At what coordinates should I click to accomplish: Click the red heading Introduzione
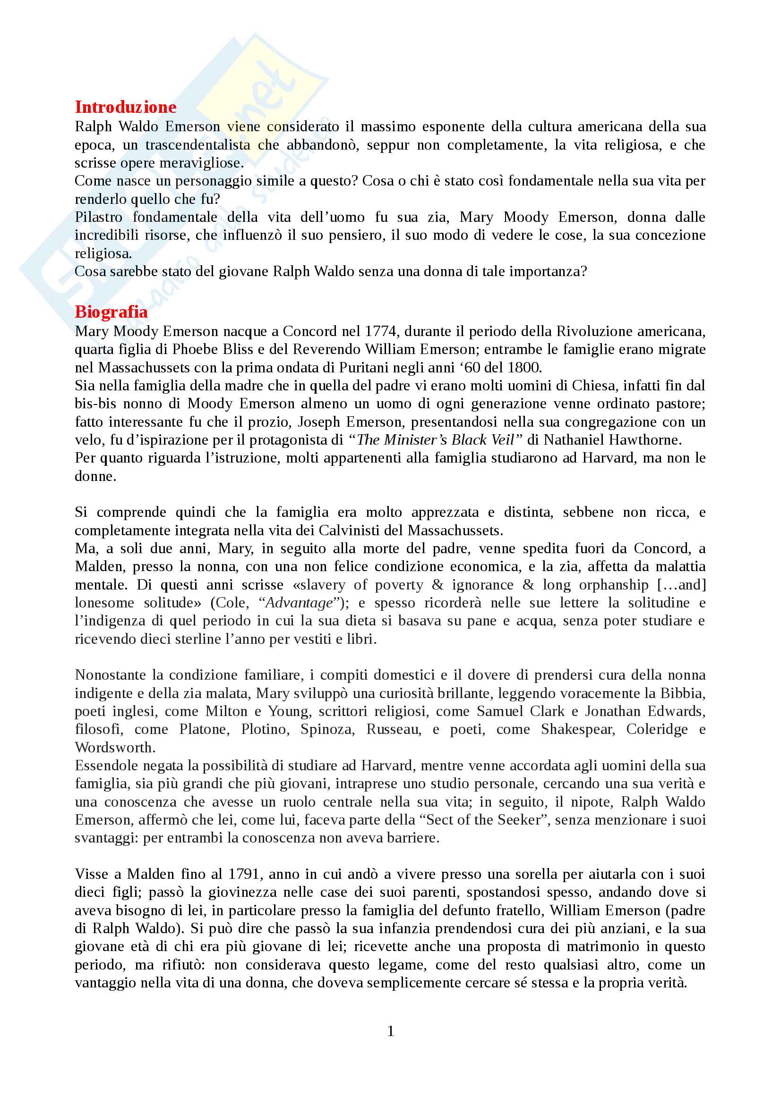point(126,107)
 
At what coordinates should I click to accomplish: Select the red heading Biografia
point(111,312)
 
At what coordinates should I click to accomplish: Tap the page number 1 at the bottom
point(390,1031)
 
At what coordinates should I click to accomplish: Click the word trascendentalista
point(198,145)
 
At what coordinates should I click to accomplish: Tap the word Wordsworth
point(115,748)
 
